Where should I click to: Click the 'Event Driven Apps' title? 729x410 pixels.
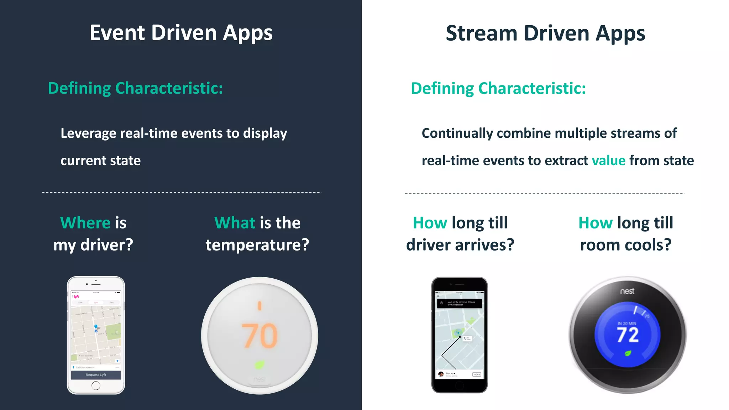[x=181, y=33]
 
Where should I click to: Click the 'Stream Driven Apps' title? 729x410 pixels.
[x=545, y=33]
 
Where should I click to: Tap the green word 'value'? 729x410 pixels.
[x=608, y=161]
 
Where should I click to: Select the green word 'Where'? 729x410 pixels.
[x=85, y=223]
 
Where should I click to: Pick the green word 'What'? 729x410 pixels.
[x=235, y=223]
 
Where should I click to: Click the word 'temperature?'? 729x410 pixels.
[x=257, y=245]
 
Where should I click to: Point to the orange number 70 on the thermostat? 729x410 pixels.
[x=259, y=336]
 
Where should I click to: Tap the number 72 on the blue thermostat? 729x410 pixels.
[x=628, y=335]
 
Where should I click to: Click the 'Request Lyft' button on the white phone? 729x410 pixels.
[x=96, y=375]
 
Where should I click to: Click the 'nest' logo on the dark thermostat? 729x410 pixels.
[x=627, y=291]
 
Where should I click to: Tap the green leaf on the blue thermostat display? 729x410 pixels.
[x=628, y=353]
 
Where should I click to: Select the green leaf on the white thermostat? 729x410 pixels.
[x=259, y=364]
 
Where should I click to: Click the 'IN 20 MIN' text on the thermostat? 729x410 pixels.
[x=627, y=324]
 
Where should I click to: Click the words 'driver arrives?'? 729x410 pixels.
[x=460, y=245]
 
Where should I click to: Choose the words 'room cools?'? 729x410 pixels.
[x=626, y=245]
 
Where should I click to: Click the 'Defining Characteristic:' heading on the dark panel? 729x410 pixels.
[x=135, y=88]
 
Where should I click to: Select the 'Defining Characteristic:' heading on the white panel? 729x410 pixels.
[x=498, y=89]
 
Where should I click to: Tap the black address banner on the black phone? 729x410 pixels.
[x=460, y=304]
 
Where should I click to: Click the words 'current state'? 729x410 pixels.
[x=101, y=161]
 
